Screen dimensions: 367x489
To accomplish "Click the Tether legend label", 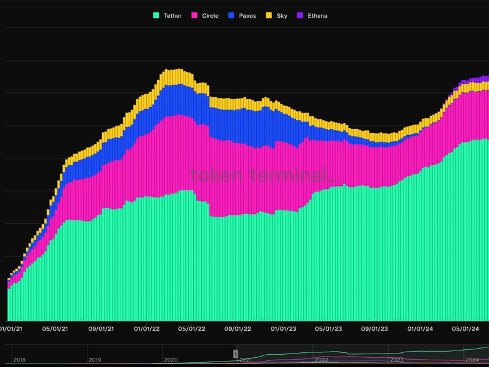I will tap(172, 15).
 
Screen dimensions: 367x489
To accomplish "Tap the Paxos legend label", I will tap(246, 15).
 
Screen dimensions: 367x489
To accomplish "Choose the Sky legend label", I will tap(281, 15).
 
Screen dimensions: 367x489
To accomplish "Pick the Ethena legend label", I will tap(316, 15).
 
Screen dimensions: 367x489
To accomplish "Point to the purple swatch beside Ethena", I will tap(299, 15).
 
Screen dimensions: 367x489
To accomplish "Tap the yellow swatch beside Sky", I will tap(268, 15).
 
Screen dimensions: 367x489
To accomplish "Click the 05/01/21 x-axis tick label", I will tap(54, 329).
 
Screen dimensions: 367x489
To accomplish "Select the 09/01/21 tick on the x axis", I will tap(101, 329).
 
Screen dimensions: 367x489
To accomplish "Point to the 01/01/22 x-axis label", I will tap(147, 329).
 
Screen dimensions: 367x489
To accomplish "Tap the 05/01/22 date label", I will tap(192, 329).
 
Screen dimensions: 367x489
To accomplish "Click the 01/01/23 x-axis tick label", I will tap(283, 329).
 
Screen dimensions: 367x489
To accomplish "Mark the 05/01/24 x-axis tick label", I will tap(466, 329).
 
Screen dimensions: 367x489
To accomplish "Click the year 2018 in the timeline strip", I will tap(20, 360).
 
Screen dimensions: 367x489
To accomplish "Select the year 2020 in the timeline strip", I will tap(171, 360).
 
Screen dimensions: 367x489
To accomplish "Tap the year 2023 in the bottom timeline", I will tap(397, 360).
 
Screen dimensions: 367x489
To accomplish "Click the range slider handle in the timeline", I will tap(235, 354).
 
